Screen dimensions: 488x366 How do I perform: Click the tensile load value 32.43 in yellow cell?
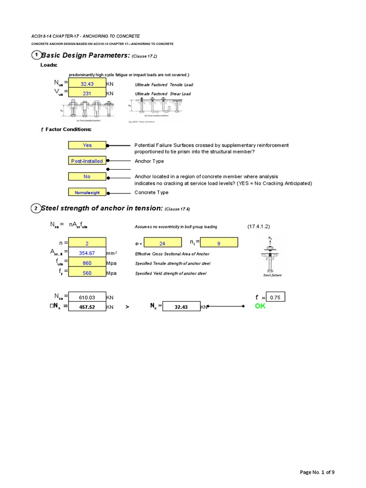pyautogui.click(x=87, y=84)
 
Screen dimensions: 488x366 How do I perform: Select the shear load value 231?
pyautogui.click(x=87, y=94)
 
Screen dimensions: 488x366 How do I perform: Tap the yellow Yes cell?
pyautogui.click(x=87, y=145)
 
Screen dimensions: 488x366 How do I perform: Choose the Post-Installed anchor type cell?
pyautogui.click(x=87, y=161)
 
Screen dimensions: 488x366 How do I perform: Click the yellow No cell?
pyautogui.click(x=87, y=176)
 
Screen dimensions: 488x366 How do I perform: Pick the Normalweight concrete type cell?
pyautogui.click(x=87, y=193)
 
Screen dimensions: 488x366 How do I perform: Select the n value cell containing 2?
pyautogui.click(x=87, y=244)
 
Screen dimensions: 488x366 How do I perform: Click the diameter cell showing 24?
pyautogui.click(x=162, y=244)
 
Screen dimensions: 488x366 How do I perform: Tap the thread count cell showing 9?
pyautogui.click(x=218, y=244)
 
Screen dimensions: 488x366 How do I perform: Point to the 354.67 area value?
pyautogui.click(x=87, y=253)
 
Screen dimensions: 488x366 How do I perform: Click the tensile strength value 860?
pyautogui.click(x=87, y=263)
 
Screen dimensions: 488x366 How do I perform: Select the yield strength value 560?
pyautogui.click(x=87, y=274)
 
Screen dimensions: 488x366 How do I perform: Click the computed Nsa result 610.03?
pyautogui.click(x=87, y=297)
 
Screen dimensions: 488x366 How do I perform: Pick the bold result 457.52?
pyautogui.click(x=87, y=307)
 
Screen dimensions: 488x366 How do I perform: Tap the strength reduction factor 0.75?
pyautogui.click(x=275, y=297)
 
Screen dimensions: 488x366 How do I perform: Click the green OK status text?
pyautogui.click(x=260, y=306)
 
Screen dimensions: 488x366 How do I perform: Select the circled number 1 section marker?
pyautogui.click(x=36, y=55)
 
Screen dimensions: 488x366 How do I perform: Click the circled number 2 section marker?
pyautogui.click(x=36, y=208)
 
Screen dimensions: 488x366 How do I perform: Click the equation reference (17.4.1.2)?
pyautogui.click(x=259, y=226)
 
